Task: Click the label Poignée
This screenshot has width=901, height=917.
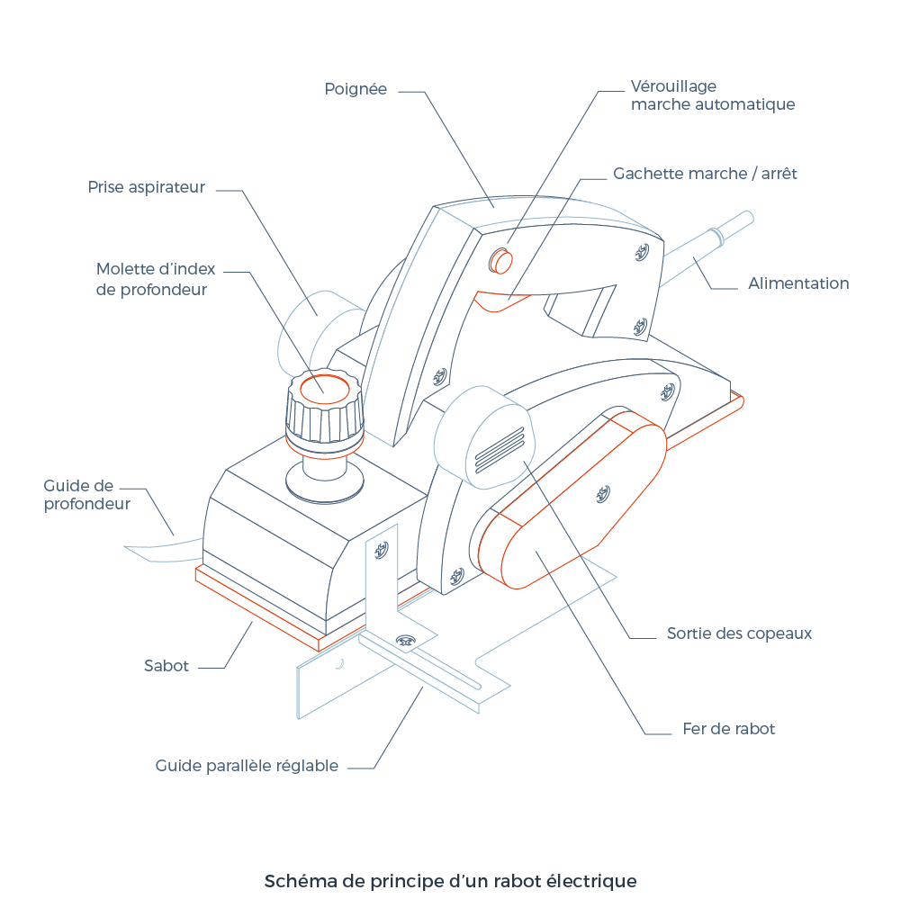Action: pos(356,89)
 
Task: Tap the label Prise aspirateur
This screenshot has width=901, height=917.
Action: pos(147,187)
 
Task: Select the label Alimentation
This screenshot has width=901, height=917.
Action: pos(798,283)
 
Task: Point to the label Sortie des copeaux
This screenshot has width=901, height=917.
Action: pos(739,634)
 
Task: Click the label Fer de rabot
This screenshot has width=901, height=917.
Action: pos(728,729)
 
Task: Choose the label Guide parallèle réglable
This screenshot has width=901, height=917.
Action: pos(247,766)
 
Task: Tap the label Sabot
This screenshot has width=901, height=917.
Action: pos(167,667)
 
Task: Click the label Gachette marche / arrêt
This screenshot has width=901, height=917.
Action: pos(705,174)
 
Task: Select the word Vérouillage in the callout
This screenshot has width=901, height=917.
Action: pos(673,86)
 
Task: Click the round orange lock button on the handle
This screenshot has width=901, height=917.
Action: pos(500,261)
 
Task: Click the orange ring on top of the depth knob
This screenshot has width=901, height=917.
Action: pos(325,389)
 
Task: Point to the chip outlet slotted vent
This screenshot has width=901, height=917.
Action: pos(499,446)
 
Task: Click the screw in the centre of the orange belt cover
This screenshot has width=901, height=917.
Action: pos(603,493)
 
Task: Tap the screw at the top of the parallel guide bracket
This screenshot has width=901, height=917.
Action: pos(382,548)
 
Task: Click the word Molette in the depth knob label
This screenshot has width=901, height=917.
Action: pos(126,270)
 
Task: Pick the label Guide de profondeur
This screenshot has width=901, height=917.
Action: pos(86,495)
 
